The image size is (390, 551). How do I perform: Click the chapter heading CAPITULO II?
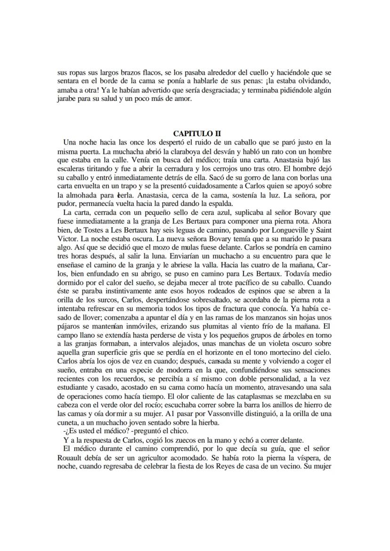point(195,133)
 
